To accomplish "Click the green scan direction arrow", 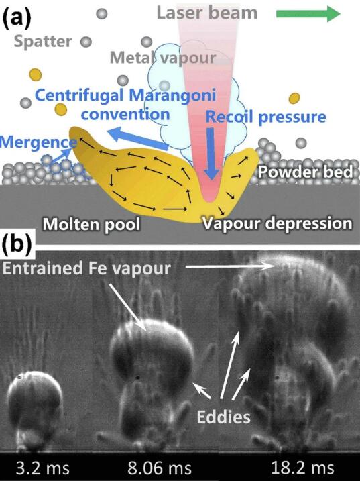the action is click(x=308, y=14).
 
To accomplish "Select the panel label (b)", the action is click(x=17, y=245).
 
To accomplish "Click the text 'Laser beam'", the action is click(x=207, y=13).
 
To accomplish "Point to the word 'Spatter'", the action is click(x=43, y=41).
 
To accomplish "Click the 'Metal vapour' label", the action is click(x=163, y=58).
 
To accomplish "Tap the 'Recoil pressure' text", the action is click(x=265, y=117).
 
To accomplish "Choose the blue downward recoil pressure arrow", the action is click(x=211, y=154).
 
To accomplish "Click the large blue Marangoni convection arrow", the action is click(x=138, y=139).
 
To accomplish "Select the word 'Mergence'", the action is click(x=38, y=142).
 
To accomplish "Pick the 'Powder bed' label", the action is click(x=305, y=172).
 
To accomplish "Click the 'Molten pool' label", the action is click(x=91, y=224).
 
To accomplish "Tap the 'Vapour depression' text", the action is click(x=278, y=223).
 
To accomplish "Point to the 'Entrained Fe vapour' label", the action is click(x=86, y=268).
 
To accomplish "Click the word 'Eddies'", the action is click(x=223, y=417).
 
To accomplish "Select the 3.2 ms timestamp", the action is click(x=43, y=468).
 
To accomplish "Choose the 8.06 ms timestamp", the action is click(x=160, y=468).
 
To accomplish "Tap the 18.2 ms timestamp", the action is click(x=302, y=468).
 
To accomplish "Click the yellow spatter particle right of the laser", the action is click(x=294, y=98).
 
